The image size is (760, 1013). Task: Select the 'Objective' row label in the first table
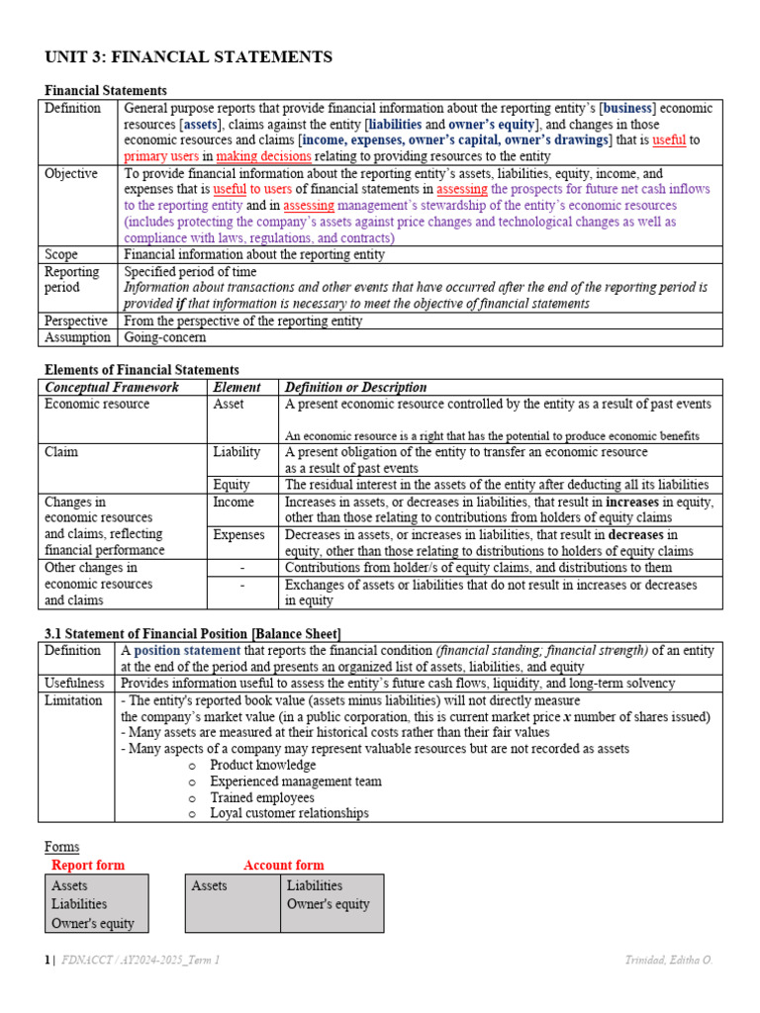pos(71,173)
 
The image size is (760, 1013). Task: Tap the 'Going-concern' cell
pos(164,337)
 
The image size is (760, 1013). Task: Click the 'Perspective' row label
pos(77,321)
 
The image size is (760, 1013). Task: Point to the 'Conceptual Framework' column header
pos(112,387)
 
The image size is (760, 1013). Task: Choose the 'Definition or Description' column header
pos(355,387)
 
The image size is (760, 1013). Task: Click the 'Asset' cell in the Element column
pos(229,404)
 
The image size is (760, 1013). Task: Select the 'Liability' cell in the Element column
pos(237,452)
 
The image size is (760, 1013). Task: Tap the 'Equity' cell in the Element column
pos(231,485)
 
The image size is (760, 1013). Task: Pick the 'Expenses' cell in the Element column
pos(238,534)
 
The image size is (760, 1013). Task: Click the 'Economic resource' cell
pos(97,404)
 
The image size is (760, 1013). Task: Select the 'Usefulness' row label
pos(75,683)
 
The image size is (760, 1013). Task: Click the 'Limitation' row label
pos(73,699)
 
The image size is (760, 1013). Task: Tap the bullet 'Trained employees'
pos(262,797)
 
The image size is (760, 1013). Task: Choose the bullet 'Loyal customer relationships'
pos(289,813)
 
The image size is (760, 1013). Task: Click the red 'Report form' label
pos(88,865)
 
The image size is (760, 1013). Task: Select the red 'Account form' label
pos(283,865)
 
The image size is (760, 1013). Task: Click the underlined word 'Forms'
pos(62,847)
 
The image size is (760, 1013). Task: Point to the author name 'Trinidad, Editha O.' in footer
pos(668,960)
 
